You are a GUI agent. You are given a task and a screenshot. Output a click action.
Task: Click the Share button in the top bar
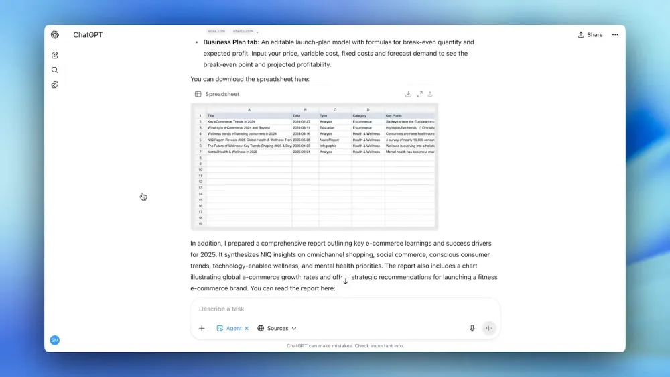[590, 35]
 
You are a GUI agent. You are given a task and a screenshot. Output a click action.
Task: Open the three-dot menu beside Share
[615, 35]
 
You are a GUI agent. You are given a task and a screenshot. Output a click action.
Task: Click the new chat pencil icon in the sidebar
[55, 56]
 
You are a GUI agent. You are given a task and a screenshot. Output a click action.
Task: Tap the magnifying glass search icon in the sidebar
[55, 70]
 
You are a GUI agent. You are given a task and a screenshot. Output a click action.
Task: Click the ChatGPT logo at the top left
[55, 35]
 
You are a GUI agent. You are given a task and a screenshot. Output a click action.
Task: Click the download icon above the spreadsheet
[408, 94]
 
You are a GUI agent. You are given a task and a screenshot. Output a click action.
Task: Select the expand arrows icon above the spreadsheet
[419, 94]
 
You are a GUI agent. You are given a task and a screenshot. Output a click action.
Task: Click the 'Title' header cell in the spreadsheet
[211, 115]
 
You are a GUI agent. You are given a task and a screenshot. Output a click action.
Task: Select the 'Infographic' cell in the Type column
[330, 146]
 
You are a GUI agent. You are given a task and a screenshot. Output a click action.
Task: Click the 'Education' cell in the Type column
[328, 127]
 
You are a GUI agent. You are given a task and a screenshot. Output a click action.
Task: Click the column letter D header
[368, 109]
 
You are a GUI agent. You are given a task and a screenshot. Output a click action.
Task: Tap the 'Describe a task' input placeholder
[222, 309]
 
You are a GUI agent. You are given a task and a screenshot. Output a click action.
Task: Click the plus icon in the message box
[202, 329]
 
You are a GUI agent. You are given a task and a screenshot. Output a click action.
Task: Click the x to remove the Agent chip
[247, 329]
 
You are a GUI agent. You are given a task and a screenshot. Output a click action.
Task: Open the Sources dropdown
[277, 329]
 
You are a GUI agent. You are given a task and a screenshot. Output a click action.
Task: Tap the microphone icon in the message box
[472, 329]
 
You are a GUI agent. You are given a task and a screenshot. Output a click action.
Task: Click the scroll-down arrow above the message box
[346, 282]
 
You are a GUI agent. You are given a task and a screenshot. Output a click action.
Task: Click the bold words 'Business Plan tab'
[230, 42]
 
